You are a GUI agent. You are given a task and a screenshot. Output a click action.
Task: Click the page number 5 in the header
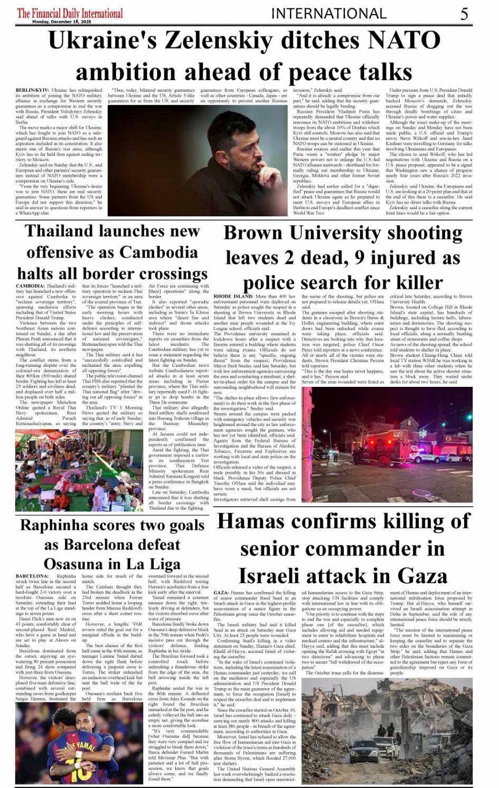(x=464, y=13)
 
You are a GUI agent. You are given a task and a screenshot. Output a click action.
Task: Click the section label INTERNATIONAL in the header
(x=328, y=14)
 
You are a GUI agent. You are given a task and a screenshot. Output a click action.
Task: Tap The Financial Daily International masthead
(x=70, y=13)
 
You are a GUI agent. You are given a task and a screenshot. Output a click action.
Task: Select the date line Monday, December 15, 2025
(x=61, y=22)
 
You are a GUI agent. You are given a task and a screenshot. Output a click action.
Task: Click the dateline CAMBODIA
(x=30, y=286)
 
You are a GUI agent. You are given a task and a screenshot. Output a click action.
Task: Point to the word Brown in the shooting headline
(x=253, y=233)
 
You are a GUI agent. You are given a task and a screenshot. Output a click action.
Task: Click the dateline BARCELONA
(x=32, y=576)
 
